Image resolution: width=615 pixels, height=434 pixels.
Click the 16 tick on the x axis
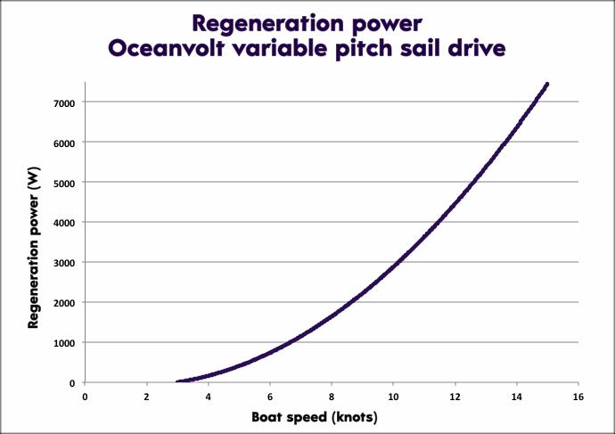click(x=578, y=397)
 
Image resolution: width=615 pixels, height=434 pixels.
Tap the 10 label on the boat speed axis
click(x=393, y=397)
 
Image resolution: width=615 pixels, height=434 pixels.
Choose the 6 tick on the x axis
click(x=270, y=397)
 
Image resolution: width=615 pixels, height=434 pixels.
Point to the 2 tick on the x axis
click(x=147, y=397)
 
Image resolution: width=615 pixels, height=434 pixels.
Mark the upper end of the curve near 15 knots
click(x=546, y=84)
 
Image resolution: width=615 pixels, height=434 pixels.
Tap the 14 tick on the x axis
click(x=516, y=397)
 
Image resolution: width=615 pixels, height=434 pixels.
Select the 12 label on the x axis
click(x=455, y=397)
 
